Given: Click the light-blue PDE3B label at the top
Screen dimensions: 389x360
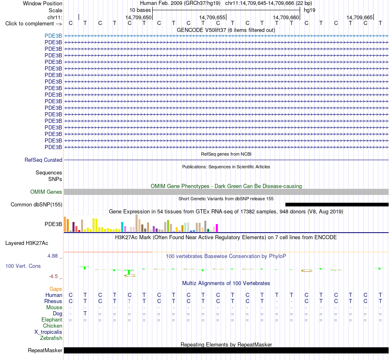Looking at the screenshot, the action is (x=53, y=36).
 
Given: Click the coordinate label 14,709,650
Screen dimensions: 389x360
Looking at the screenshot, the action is (x=138, y=17).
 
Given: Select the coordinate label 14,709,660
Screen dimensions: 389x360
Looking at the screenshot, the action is (x=286, y=17).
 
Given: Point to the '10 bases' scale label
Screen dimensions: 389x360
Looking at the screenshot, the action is (x=140, y=10).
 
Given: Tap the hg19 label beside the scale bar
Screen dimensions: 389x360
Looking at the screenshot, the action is (x=310, y=10).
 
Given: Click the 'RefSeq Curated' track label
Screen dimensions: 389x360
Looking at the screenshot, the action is (x=43, y=160).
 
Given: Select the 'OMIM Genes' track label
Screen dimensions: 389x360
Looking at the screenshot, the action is (x=46, y=192).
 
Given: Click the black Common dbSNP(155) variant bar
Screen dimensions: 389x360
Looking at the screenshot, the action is (x=337, y=205).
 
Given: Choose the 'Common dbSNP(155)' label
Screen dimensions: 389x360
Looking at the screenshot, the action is (x=36, y=205).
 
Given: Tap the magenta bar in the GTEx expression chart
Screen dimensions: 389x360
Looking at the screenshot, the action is (x=217, y=228).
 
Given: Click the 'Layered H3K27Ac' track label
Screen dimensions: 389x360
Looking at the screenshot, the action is (x=27, y=243).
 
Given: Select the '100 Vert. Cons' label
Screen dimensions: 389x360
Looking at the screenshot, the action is (x=23, y=266).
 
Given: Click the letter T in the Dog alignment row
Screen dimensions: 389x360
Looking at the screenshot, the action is (x=85, y=314).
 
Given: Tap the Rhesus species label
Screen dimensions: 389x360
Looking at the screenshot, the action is (x=53, y=301).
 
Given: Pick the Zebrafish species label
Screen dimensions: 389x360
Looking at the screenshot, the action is (x=51, y=338).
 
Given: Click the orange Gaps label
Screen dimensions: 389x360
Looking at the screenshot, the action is (x=56, y=289).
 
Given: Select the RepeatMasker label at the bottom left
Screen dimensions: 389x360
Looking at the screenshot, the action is (x=45, y=350).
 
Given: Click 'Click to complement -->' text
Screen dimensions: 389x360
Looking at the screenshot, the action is (x=34, y=24).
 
